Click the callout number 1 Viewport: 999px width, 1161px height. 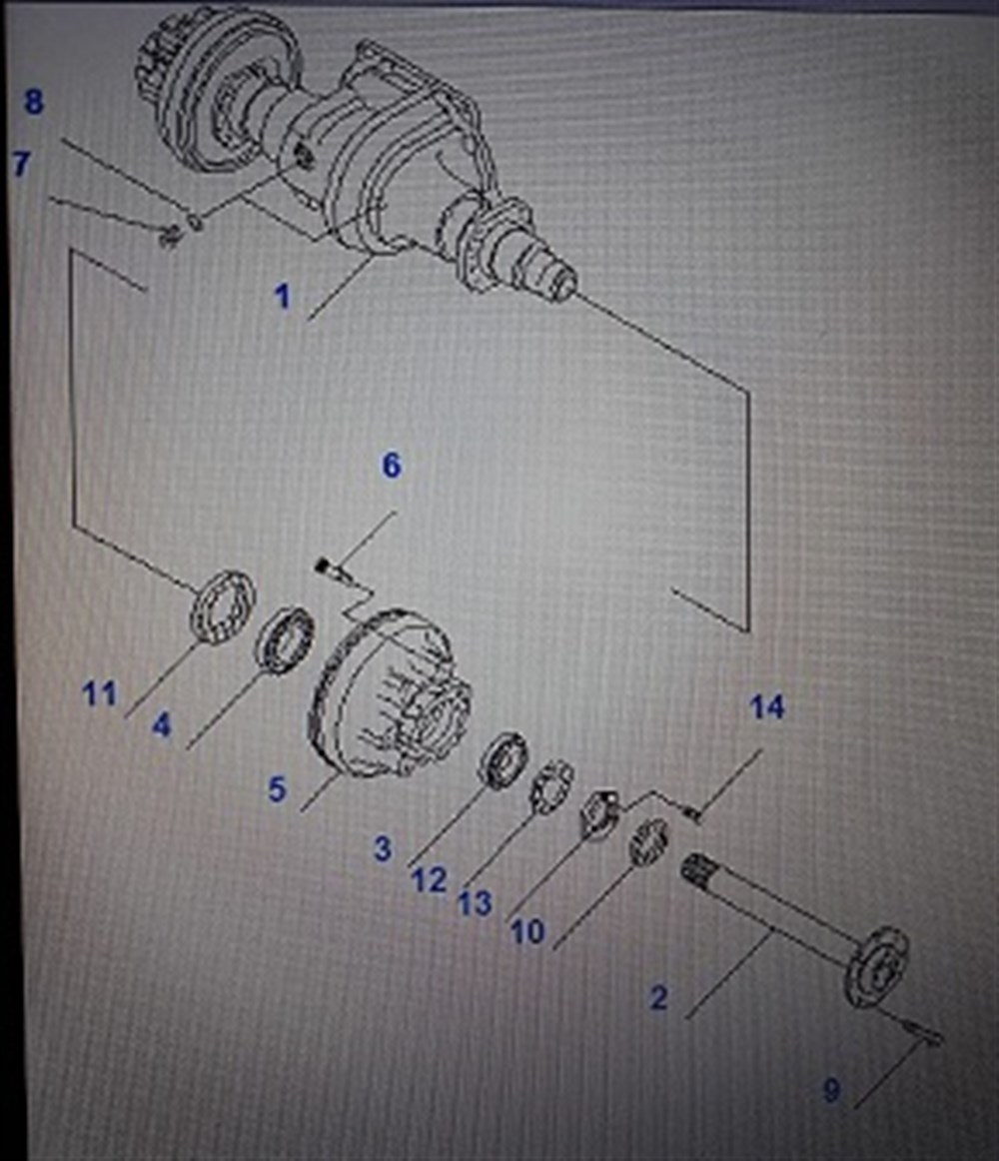click(283, 297)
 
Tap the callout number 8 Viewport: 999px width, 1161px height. click(34, 102)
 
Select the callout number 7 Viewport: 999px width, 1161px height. click(21, 164)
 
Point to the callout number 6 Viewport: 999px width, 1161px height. click(391, 465)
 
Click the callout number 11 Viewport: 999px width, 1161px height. click(99, 693)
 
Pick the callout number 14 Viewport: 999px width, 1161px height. click(767, 707)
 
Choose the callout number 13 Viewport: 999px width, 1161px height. click(475, 903)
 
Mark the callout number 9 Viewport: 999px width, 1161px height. click(831, 1091)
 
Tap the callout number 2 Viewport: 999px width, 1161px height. click(658, 997)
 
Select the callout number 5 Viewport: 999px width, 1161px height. click(277, 789)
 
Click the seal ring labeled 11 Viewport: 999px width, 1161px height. click(221, 603)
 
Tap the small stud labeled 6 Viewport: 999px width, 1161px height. click(324, 570)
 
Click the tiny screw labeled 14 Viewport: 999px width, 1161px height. click(693, 814)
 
